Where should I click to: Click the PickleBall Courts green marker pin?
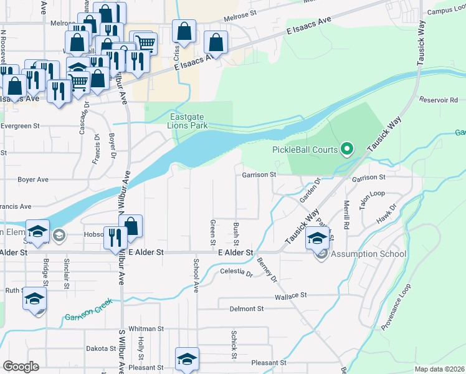(347, 149)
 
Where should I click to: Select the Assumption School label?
(368, 254)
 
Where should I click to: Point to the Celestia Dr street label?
(236, 272)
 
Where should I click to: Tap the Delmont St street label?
(247, 309)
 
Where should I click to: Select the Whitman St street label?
(145, 328)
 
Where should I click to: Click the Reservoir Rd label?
(439, 100)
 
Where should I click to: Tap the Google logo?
(21, 367)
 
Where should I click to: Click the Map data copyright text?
(439, 369)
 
